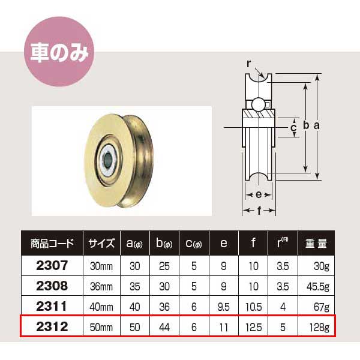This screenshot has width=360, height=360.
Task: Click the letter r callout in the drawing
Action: click(x=247, y=62)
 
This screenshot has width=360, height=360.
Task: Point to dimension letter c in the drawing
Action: click(x=293, y=128)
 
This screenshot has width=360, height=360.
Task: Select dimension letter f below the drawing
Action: click(x=259, y=211)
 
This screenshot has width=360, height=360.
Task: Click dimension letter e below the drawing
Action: click(x=257, y=195)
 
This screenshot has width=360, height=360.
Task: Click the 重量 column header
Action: click(x=315, y=244)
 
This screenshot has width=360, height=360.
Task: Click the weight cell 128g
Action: click(x=318, y=328)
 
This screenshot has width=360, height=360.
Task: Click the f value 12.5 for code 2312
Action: click(x=254, y=328)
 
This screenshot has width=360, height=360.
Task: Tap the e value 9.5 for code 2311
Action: click(x=224, y=307)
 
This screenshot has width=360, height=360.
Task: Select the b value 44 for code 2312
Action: click(x=164, y=328)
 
